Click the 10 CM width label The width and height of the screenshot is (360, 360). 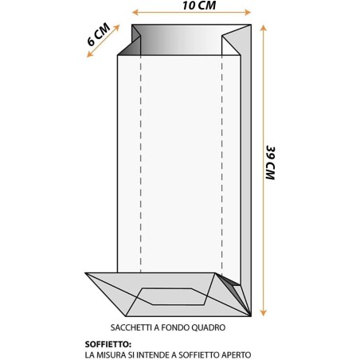(x=199, y=6)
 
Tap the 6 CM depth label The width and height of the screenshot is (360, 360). (x=99, y=34)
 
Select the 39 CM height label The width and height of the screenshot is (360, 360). (x=271, y=162)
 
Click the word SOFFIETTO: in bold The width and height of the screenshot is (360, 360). (x=108, y=344)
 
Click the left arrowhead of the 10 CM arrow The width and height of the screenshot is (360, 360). (x=135, y=12)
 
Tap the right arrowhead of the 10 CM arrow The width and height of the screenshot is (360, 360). (x=248, y=12)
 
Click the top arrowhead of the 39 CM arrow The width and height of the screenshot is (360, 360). (x=263, y=28)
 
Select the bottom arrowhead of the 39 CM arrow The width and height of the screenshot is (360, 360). (x=263, y=313)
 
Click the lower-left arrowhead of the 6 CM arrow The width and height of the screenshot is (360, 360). (x=90, y=54)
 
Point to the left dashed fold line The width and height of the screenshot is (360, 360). (x=140, y=164)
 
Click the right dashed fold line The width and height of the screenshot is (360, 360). (x=222, y=164)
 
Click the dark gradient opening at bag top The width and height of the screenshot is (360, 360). (x=181, y=40)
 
